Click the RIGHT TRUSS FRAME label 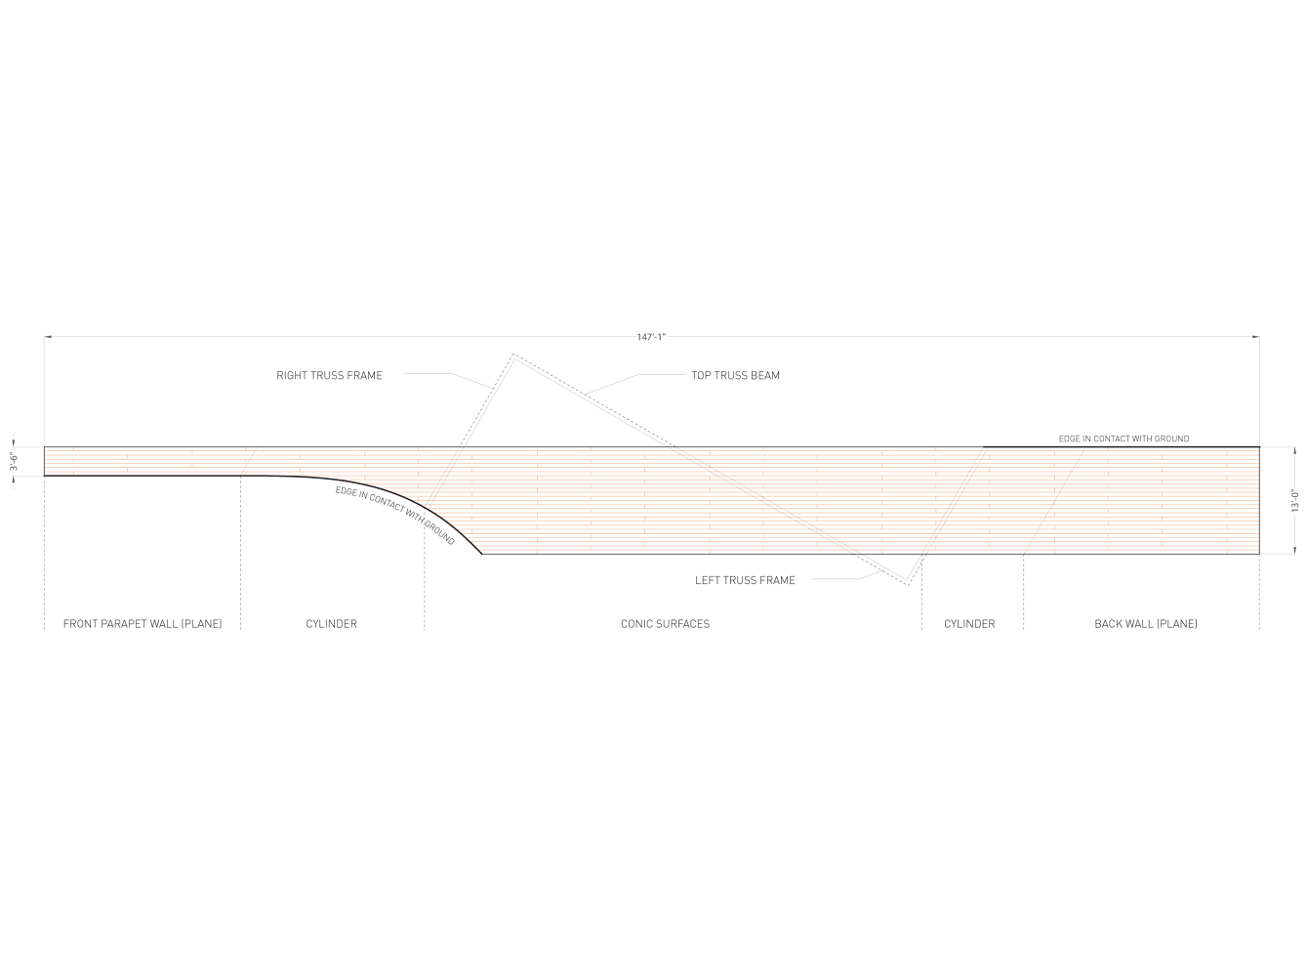point(329,375)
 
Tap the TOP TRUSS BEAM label point(735,375)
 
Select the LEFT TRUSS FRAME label point(745,580)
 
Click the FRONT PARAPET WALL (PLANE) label point(142,623)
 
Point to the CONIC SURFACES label point(665,623)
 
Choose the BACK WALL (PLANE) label point(1145,623)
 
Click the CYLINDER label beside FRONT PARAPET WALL point(331,623)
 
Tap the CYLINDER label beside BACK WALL point(969,623)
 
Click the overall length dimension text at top point(650,337)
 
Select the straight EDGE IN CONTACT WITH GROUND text point(1124,439)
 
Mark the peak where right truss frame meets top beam point(513,355)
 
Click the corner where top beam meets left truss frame point(908,584)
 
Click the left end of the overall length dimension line point(45,337)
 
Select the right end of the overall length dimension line point(1258,337)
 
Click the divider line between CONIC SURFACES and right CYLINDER point(921,596)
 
